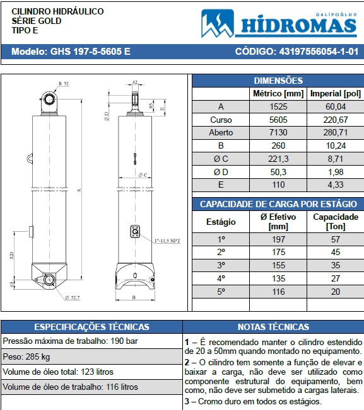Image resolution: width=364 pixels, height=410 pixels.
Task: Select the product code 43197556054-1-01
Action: (x=296, y=52)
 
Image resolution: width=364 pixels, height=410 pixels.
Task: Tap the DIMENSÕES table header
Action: (x=278, y=81)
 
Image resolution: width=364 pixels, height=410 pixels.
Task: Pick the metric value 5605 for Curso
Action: (x=278, y=120)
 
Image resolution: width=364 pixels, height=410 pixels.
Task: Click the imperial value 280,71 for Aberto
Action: (x=335, y=133)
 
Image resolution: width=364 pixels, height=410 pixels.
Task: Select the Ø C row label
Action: (x=220, y=159)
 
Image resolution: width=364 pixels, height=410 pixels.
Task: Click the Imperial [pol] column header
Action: (x=335, y=94)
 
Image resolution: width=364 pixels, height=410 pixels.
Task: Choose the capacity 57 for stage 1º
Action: (x=335, y=239)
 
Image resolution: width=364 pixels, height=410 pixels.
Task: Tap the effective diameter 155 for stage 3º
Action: (x=278, y=265)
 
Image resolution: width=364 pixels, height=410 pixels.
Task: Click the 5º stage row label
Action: (x=220, y=292)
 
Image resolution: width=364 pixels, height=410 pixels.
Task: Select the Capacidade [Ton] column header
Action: (x=335, y=221)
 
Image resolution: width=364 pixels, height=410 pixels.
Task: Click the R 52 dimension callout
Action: (x=63, y=83)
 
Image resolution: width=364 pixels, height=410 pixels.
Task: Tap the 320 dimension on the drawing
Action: (x=12, y=256)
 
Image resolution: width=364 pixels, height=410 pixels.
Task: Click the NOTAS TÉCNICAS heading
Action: (x=273, y=327)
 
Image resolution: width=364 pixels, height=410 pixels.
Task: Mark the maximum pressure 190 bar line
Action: (x=70, y=341)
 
